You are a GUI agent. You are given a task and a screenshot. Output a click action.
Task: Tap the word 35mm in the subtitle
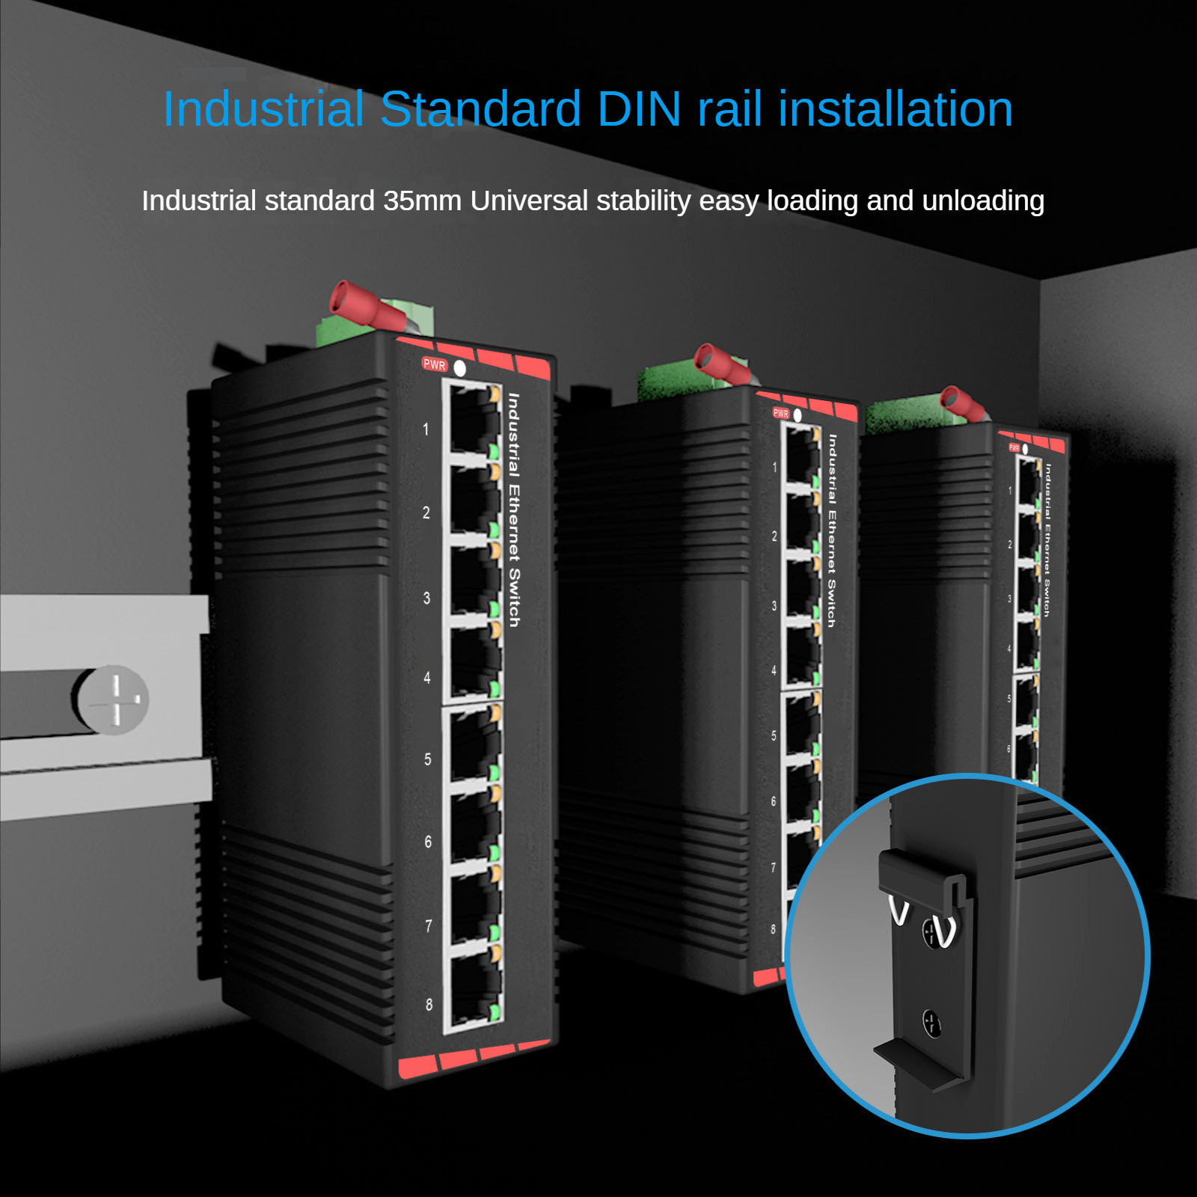click(422, 200)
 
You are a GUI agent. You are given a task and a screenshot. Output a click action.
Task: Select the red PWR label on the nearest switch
click(435, 365)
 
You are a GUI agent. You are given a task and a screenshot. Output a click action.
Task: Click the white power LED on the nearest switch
click(460, 368)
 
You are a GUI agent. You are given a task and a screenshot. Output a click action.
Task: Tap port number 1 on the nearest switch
click(426, 429)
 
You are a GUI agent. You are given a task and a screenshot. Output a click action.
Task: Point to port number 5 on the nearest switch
click(428, 759)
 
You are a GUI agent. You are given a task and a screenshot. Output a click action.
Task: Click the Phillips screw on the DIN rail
click(115, 699)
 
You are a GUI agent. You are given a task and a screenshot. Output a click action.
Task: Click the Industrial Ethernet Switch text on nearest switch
click(514, 509)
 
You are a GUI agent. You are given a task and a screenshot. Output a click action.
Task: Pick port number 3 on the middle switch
click(774, 606)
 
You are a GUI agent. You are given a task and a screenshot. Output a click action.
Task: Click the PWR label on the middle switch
click(781, 413)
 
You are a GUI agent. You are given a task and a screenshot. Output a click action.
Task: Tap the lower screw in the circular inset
click(931, 1023)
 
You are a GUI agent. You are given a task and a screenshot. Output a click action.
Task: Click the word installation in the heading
click(896, 109)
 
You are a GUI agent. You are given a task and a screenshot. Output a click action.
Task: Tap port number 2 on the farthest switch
click(1009, 545)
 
